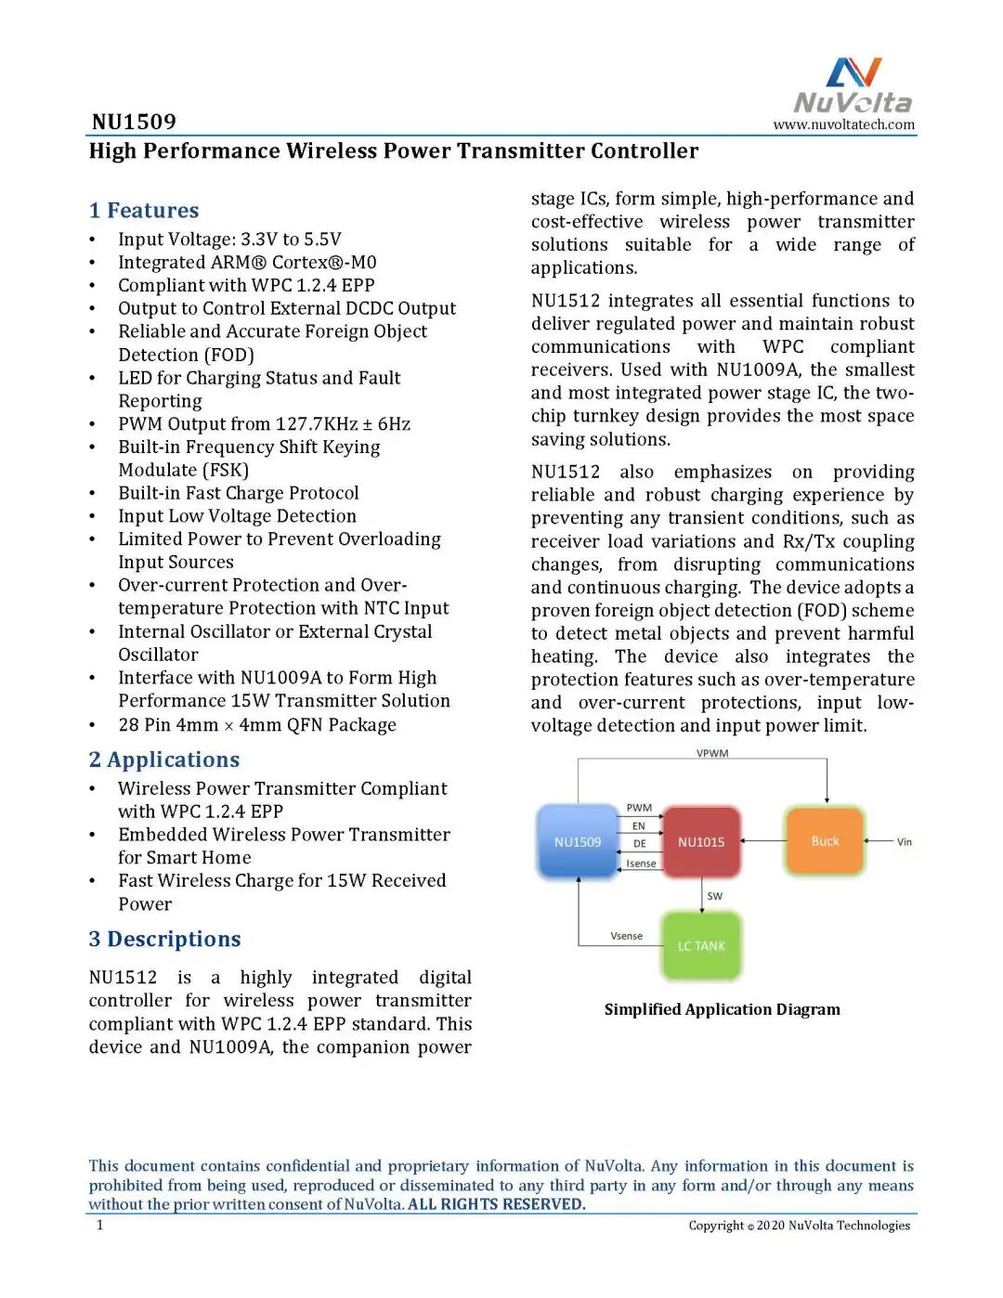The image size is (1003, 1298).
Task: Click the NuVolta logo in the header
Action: click(x=853, y=86)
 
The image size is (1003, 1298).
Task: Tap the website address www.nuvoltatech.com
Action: click(x=843, y=124)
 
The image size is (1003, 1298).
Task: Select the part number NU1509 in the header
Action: click(x=134, y=122)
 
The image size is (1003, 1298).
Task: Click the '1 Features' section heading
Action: click(x=144, y=211)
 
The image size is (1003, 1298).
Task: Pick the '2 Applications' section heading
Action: click(x=164, y=759)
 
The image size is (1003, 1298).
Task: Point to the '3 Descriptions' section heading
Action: click(x=164, y=939)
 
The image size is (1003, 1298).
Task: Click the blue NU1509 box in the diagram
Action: click(x=578, y=842)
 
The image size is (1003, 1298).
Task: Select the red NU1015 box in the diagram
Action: click(x=701, y=842)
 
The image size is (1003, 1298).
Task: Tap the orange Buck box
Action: click(x=825, y=841)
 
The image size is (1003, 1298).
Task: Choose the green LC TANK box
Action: click(x=701, y=946)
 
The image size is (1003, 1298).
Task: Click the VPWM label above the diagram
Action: click(x=712, y=753)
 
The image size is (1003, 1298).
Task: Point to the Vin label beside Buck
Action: click(x=904, y=842)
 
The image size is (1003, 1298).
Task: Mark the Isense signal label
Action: click(x=641, y=863)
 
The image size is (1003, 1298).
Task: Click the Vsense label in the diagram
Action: click(x=626, y=936)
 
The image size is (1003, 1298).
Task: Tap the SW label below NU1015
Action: click(x=714, y=896)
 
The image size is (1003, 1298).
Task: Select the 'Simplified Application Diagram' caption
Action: click(x=722, y=1009)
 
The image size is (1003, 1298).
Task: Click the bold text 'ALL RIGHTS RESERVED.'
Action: click(x=496, y=1204)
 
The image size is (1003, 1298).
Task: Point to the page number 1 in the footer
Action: click(x=100, y=1226)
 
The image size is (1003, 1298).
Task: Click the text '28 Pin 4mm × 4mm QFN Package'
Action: click(x=256, y=725)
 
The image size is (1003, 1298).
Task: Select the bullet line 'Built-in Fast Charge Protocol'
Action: click(x=238, y=493)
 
